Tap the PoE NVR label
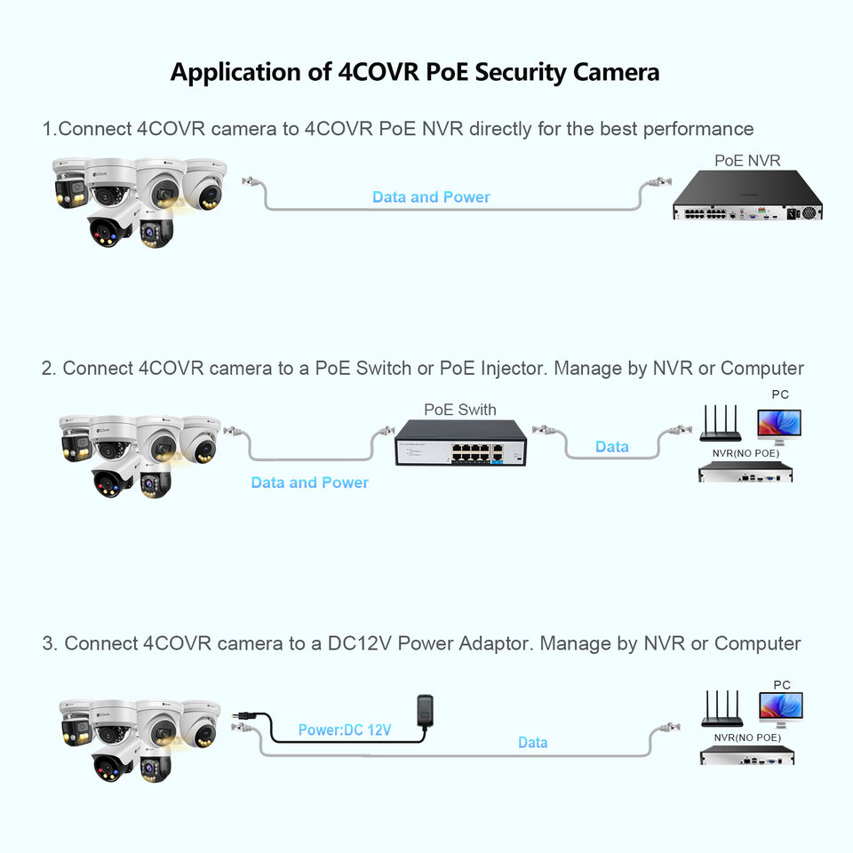(747, 161)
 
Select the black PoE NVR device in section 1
(747, 195)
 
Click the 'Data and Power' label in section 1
(431, 197)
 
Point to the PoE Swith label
(459, 410)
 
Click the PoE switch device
(460, 442)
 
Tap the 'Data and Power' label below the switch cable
(309, 482)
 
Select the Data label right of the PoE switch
(612, 447)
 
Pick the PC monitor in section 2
(779, 426)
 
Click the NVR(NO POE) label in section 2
(745, 453)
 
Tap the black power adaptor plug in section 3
(425, 711)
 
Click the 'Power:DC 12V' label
(345, 730)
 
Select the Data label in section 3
(532, 743)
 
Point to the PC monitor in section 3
(781, 709)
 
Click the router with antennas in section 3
(721, 709)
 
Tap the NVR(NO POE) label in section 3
(747, 737)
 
